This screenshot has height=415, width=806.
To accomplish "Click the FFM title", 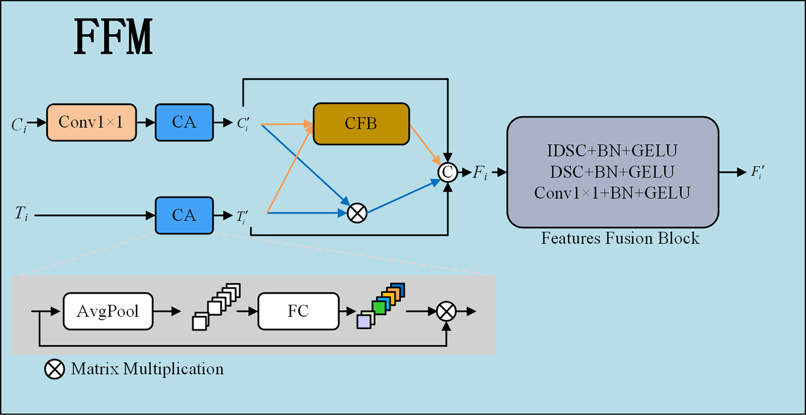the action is tap(113, 37).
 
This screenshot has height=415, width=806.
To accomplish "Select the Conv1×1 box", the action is tap(92, 122).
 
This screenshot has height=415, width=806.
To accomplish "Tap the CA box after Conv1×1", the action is tap(184, 122).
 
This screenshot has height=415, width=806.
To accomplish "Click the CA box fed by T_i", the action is tap(184, 215).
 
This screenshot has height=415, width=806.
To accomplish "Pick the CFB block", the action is tap(361, 124).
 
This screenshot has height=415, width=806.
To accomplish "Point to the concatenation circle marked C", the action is tap(448, 172).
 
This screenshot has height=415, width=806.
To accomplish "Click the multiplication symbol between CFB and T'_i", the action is tap(357, 213).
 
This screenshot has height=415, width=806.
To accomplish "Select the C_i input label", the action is tap(19, 125).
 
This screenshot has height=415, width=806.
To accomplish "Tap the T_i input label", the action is tap(21, 213).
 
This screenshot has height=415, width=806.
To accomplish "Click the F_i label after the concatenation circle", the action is tap(480, 173).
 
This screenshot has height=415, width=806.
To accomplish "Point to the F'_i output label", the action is tap(758, 172).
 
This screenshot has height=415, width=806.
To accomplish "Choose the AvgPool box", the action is tap(108, 311).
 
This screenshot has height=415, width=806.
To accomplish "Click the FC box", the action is tap(298, 311).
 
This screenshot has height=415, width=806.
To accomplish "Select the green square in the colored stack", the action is tap(379, 308).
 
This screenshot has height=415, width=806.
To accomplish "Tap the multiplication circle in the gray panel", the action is tap(446, 311).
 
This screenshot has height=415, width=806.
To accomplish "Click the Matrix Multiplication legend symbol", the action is tap(54, 369).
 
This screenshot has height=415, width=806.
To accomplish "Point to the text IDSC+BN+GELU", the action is tap(612, 151).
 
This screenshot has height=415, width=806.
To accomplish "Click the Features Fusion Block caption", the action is tap(620, 238).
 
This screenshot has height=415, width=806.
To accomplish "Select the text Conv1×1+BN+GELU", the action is tap(612, 193).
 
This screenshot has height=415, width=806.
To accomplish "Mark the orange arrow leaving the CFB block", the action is tap(425, 145).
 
